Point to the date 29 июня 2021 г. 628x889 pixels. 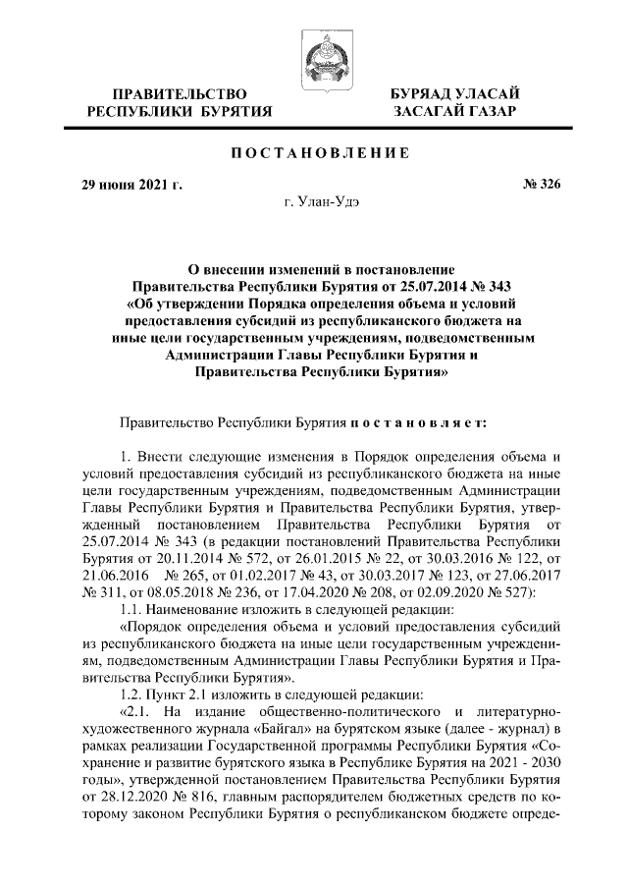coord(131,184)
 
